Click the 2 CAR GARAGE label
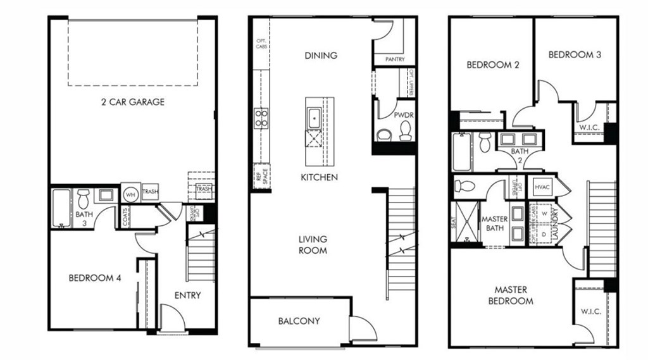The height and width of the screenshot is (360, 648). coord(132,101)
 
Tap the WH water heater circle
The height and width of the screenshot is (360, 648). coord(130,194)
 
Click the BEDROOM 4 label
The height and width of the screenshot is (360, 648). coord(94,278)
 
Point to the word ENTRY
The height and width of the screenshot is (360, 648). coord(187,295)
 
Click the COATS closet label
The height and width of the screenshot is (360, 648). coord(126,218)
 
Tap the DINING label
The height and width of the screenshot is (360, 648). coord(321,55)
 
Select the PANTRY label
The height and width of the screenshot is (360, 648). coord(394,60)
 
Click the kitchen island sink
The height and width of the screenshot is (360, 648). coord(315,116)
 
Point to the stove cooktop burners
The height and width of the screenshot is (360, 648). coord(261,118)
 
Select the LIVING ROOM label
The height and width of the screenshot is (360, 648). coord(313,245)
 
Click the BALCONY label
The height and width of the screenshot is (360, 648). coord(299,321)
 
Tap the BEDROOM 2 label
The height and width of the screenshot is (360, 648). coord(489,65)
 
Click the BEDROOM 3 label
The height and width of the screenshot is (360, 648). coord(575,54)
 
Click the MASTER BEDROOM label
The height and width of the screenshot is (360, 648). coord(511,295)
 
